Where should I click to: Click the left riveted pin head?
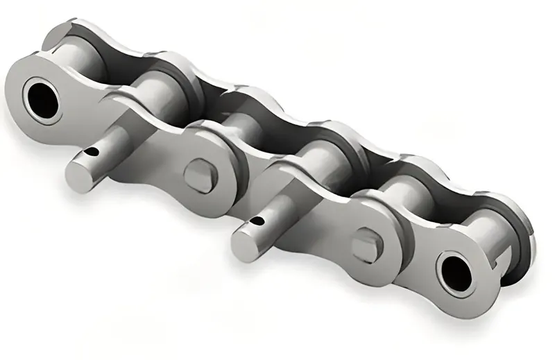(x=200, y=175)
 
